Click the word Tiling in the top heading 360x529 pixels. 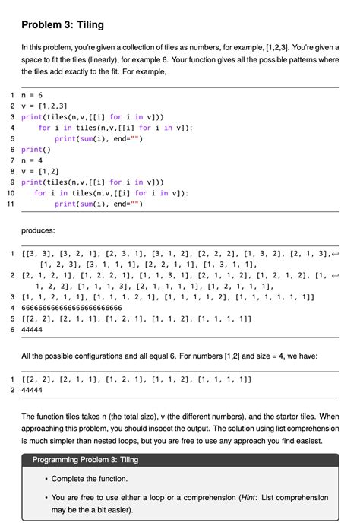(x=87, y=25)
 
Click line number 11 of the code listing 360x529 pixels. (x=10, y=204)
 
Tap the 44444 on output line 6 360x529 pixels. (x=33, y=330)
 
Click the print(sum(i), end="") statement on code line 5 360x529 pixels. (x=99, y=139)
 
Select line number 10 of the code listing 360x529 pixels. (x=10, y=194)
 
